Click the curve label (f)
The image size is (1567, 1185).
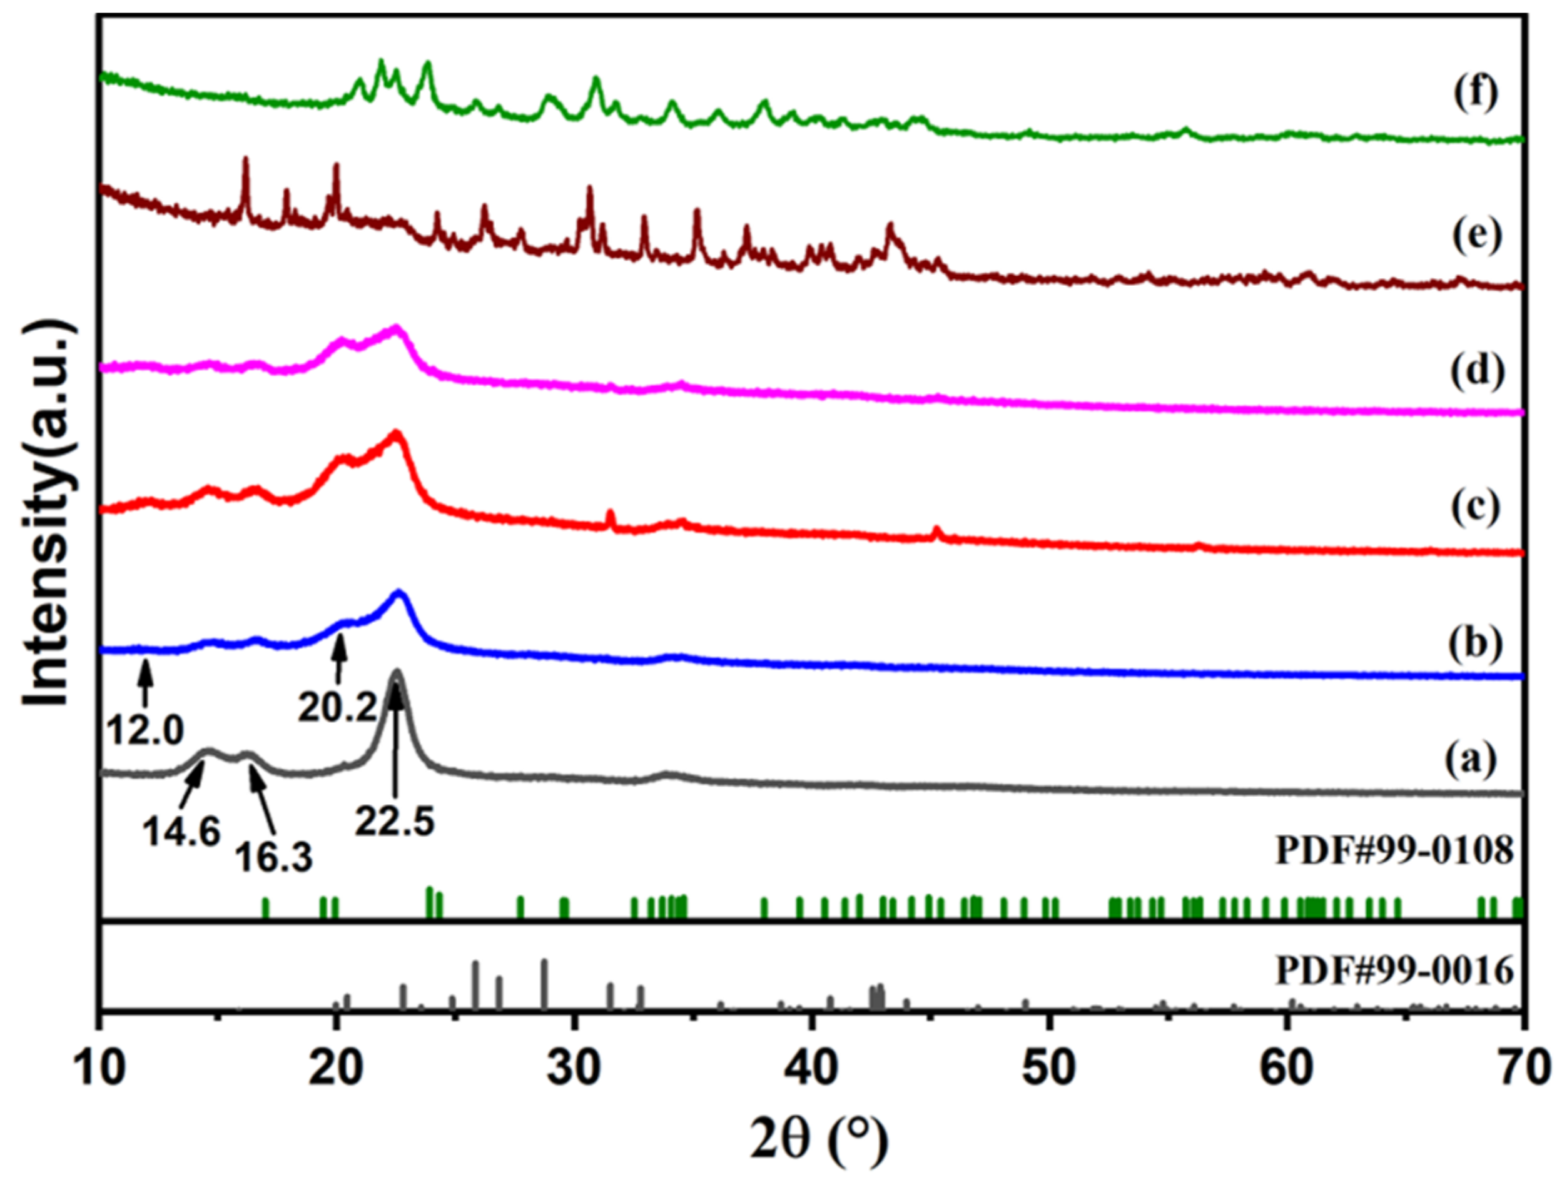click(1476, 93)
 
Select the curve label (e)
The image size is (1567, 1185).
click(1477, 234)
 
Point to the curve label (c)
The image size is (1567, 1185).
click(1476, 507)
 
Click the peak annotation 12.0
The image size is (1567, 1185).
click(146, 730)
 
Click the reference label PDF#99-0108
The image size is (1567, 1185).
click(1394, 850)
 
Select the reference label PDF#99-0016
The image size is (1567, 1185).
click(1394, 971)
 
